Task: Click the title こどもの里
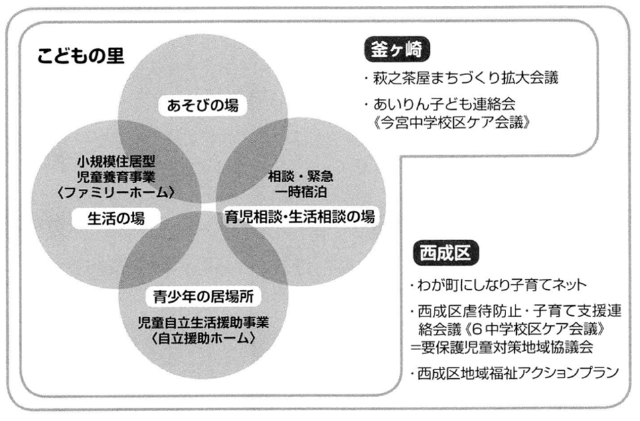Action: (80, 56)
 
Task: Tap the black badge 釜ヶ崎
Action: (397, 50)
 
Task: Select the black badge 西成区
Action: (446, 253)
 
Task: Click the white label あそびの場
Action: (203, 106)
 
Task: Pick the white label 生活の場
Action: (116, 218)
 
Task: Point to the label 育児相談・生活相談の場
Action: (300, 217)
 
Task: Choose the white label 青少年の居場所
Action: (204, 297)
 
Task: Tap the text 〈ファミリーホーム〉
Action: (116, 192)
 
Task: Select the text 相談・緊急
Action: (301, 176)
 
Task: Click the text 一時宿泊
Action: (301, 191)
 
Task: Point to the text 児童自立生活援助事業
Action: (204, 323)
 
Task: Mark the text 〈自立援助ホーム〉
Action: (204, 338)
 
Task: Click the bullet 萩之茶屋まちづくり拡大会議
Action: (461, 78)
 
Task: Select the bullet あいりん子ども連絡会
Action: (440, 104)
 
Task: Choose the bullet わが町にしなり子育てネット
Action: (499, 284)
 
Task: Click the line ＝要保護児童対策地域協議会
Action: (502, 347)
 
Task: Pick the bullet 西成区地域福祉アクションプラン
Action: (515, 373)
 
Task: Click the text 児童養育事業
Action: (116, 177)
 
